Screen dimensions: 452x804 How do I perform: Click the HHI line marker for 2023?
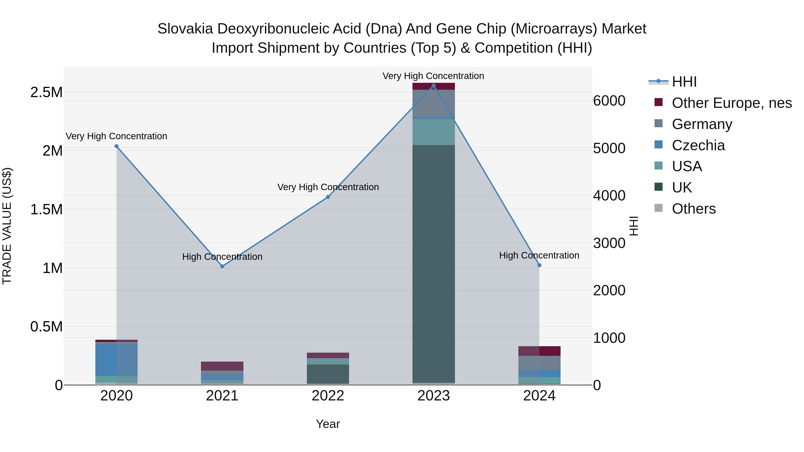point(433,85)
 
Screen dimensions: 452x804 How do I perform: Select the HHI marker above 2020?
point(116,146)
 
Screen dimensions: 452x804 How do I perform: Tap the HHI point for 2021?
point(222,266)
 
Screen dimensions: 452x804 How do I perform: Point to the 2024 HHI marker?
point(539,265)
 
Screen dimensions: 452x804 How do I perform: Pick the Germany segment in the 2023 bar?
point(433,103)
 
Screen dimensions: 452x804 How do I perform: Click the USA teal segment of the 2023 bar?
point(433,132)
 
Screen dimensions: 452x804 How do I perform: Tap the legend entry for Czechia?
point(698,145)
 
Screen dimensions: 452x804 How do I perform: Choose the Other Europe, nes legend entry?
point(732,103)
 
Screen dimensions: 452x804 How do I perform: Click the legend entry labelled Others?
point(693,209)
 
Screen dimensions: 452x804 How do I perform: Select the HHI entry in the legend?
point(684,82)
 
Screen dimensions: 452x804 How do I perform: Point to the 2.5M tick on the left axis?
point(46,92)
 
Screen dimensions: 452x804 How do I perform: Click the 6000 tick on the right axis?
point(609,101)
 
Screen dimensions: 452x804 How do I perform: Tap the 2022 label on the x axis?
point(328,396)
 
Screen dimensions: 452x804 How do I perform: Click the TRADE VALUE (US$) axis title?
point(7,226)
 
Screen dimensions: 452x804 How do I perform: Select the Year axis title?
point(328,424)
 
